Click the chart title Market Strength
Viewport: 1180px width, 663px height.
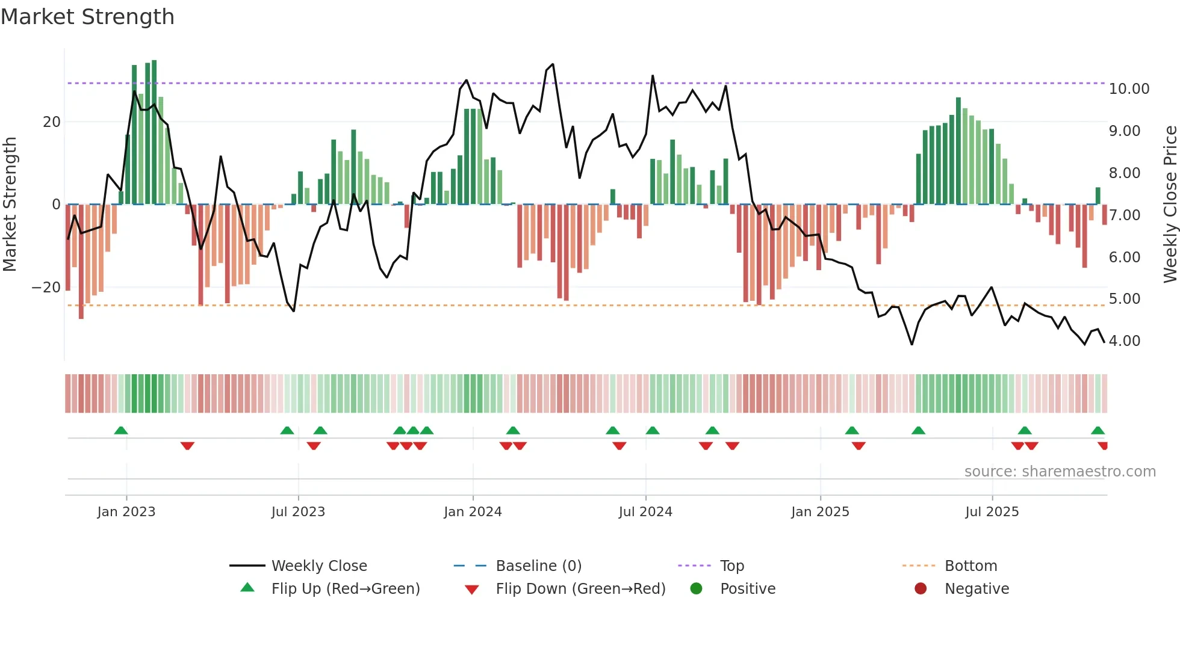87,17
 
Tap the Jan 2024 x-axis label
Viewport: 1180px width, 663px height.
473,512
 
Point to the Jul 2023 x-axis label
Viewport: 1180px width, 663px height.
298,512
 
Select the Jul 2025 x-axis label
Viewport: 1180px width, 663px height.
992,512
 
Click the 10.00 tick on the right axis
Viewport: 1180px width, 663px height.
1129,89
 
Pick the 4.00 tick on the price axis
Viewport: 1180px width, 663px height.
1125,341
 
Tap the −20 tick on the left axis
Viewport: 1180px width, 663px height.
46,288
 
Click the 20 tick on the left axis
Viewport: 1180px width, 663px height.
52,122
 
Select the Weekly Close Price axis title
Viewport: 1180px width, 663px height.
1170,205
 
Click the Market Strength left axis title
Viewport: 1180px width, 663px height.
10,205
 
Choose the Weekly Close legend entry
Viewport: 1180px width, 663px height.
318,566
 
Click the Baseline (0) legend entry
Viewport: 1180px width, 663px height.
538,566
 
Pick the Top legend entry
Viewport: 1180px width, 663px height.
731,566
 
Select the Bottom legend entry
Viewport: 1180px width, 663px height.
970,566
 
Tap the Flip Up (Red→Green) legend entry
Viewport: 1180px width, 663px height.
345,589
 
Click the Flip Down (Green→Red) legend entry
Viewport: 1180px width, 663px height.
580,589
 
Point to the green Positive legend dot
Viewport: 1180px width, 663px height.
696,589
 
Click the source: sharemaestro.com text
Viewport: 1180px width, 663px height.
1060,472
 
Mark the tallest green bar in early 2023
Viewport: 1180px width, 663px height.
154,132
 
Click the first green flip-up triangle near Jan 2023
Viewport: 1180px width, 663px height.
121,430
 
